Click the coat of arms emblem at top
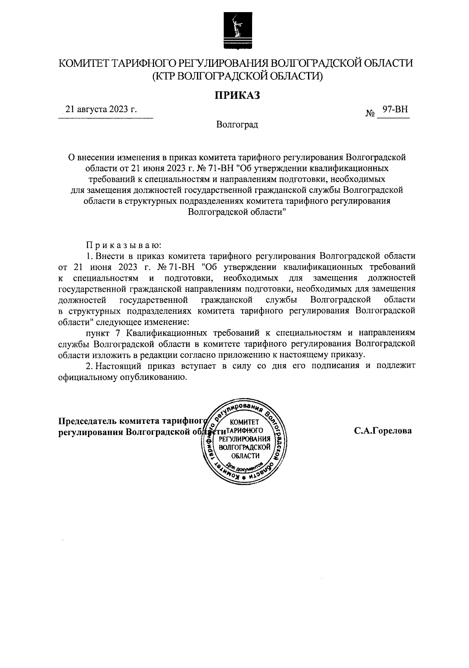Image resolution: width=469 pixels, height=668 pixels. tap(234, 30)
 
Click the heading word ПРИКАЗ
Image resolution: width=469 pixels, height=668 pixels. tap(236, 95)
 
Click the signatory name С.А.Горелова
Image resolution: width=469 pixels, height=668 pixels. tap(383, 431)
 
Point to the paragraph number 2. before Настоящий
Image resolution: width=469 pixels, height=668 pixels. tap(90, 366)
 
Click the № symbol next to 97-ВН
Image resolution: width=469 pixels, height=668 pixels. tap(370, 114)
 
